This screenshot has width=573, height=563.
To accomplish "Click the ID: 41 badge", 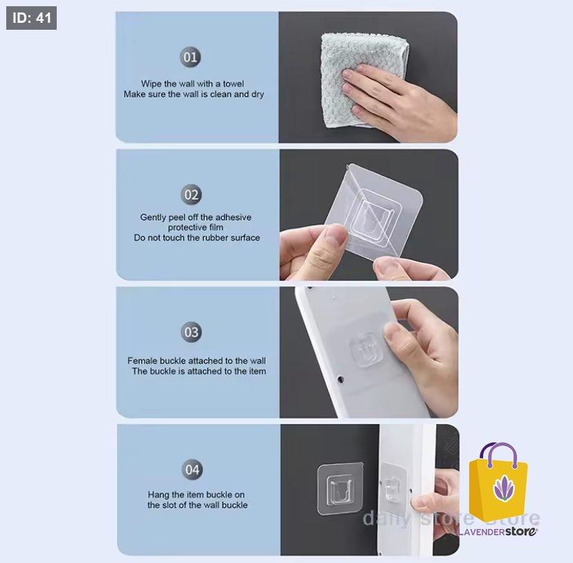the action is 31,18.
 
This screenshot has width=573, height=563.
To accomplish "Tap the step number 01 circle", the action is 190,57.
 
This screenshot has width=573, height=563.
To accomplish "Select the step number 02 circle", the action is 192,195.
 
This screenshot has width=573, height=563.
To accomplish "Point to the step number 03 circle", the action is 192,332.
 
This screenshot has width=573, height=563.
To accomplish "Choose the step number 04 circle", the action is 192,470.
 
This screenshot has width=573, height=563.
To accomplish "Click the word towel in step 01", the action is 233,84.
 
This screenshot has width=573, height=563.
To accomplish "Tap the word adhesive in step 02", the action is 233,217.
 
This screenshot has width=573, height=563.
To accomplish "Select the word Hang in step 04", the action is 157,495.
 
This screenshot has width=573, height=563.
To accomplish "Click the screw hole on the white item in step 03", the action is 340,380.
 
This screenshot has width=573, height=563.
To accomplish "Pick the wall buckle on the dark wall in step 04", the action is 340,489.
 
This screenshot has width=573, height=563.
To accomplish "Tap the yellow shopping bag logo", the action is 498,482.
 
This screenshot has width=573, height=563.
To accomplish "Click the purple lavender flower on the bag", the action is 504,488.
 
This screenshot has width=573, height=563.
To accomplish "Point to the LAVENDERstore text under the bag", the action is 498,531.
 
